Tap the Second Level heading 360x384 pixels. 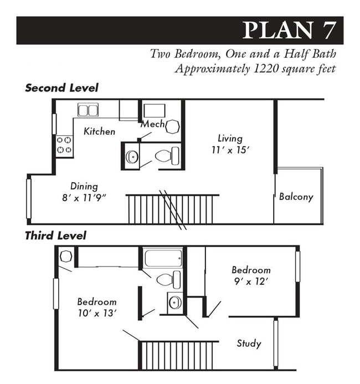(61, 88)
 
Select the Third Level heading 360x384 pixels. (55, 235)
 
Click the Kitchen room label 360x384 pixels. (100, 131)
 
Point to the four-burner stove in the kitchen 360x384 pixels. (64, 145)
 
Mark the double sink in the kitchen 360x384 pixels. (88, 110)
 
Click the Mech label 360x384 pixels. (152, 124)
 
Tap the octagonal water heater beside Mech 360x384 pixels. (172, 126)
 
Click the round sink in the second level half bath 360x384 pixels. (132, 157)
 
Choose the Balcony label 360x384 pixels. (296, 197)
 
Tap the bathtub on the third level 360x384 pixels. (163, 258)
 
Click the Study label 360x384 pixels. (249, 344)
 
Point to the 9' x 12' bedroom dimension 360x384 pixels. (251, 281)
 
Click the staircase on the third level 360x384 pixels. (178, 355)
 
